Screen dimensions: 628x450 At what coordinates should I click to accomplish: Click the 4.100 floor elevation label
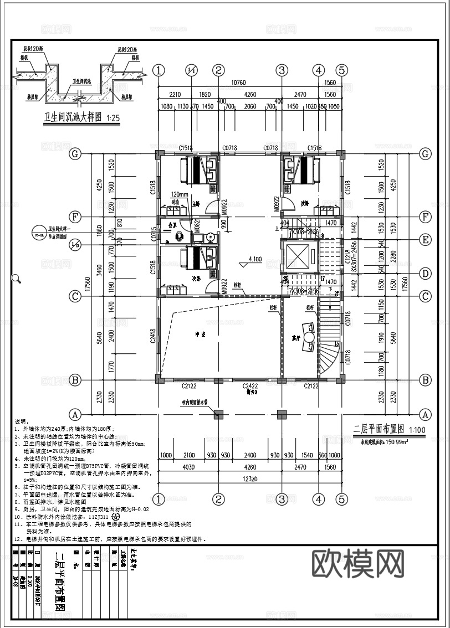pyautogui.click(x=255, y=259)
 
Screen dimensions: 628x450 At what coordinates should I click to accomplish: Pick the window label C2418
pyautogui.click(x=152, y=336)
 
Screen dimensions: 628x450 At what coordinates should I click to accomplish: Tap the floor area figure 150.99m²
pyautogui.click(x=383, y=442)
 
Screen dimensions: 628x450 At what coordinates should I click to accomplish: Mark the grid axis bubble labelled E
pyautogui.click(x=426, y=240)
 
